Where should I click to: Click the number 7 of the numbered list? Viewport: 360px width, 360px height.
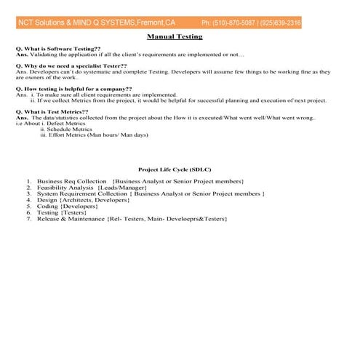click(x=28, y=218)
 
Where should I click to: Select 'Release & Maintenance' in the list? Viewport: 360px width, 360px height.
click(x=70, y=218)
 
